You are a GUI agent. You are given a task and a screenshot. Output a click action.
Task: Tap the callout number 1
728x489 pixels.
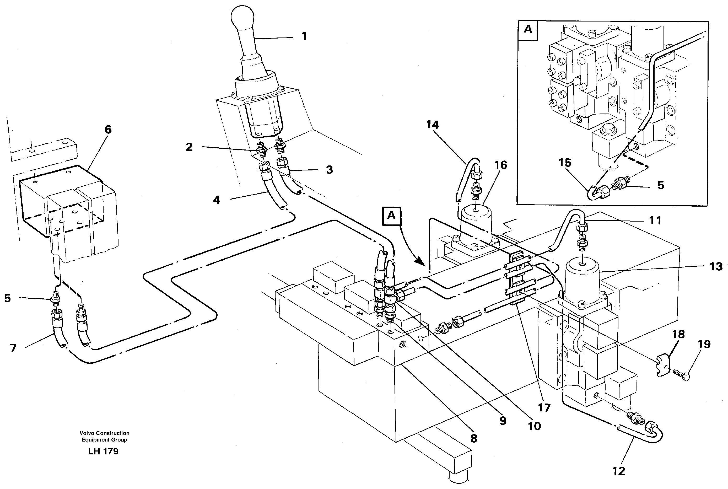tap(304, 36)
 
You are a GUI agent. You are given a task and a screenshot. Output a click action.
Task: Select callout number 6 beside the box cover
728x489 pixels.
tap(108, 130)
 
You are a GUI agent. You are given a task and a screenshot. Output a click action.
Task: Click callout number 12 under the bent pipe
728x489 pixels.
tap(619, 471)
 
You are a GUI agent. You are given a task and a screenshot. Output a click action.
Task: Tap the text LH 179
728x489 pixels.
tap(103, 451)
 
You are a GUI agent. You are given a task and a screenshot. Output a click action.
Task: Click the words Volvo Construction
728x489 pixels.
tap(104, 433)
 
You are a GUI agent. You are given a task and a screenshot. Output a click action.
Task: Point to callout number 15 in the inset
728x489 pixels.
tap(565, 163)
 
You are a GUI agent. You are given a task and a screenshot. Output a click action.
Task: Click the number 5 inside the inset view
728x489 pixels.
tap(660, 185)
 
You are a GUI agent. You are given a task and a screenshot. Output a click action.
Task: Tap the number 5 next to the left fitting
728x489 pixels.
tap(8, 298)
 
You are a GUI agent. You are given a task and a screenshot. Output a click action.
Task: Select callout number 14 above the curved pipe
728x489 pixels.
tap(433, 125)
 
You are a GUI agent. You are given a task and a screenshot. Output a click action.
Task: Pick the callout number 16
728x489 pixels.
tap(501, 165)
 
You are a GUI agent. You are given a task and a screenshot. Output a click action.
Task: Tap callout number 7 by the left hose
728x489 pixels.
tap(13, 348)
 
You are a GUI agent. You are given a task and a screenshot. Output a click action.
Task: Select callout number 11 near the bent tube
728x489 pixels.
tap(655, 221)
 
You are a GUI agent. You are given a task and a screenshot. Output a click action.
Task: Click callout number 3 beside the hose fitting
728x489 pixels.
tap(329, 170)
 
